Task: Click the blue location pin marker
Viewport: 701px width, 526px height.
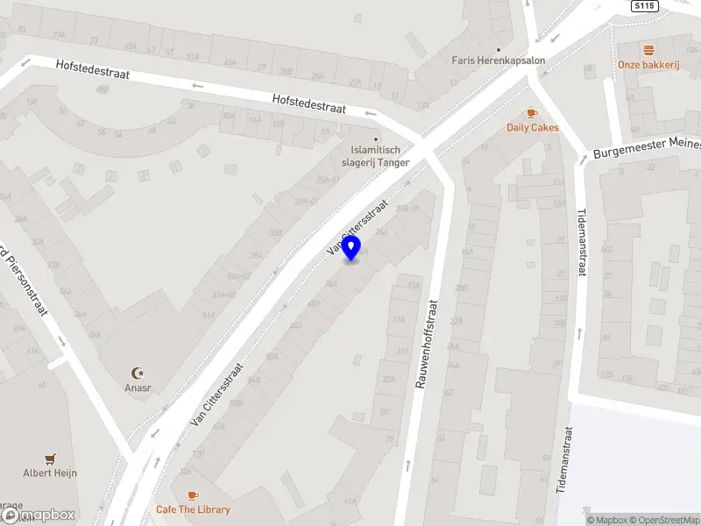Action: coord(351,248)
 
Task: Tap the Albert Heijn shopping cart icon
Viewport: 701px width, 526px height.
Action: coord(50,458)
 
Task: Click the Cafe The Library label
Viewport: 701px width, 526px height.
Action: coord(193,509)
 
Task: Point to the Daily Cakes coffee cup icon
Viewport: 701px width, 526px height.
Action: coord(532,113)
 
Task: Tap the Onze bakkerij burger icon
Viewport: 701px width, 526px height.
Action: coord(648,50)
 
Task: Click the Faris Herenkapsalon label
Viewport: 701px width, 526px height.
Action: coord(499,60)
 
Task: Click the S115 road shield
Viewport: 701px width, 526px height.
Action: coord(643,6)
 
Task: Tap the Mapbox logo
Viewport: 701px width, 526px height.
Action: coord(37,515)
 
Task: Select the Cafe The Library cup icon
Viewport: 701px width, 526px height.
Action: coord(193,495)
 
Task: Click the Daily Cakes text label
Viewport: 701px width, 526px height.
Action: coord(532,127)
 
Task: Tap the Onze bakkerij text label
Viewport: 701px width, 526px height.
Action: coord(648,64)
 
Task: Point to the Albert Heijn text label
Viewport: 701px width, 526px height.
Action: coord(50,473)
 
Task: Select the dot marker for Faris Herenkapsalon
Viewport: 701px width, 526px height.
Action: coord(499,49)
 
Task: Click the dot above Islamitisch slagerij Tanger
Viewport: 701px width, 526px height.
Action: coord(377,139)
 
